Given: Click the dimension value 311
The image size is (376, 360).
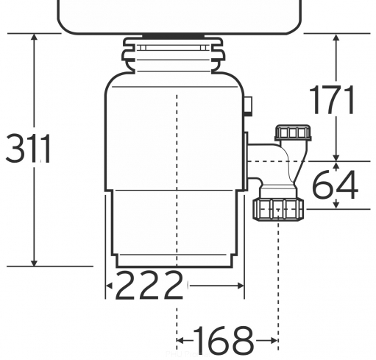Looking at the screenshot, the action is [28, 149].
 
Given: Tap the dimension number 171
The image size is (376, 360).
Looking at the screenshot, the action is [332, 100].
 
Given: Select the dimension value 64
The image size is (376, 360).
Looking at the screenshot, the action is [336, 184].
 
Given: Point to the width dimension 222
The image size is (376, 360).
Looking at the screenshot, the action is [149, 285].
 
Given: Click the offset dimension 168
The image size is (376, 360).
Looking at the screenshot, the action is [224, 340].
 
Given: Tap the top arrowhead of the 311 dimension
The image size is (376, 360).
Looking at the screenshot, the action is [35, 37].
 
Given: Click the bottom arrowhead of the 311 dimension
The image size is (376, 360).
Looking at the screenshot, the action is [35, 263].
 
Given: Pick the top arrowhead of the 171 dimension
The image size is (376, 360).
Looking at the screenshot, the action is [336, 37].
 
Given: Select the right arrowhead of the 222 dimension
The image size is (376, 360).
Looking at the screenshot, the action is [241, 286].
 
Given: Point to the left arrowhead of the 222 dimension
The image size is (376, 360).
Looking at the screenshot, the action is [109, 286].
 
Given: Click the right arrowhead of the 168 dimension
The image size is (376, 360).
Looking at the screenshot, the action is [274, 340].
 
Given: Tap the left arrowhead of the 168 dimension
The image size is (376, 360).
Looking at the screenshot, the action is [180, 340].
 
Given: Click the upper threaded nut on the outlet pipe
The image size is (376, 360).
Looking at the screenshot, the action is [293, 133].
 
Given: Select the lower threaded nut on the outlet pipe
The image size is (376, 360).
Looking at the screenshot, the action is [278, 210].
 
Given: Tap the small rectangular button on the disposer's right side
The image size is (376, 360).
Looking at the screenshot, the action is [248, 106].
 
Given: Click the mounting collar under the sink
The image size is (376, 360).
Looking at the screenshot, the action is [174, 54].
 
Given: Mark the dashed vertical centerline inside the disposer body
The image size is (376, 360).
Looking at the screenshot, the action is [177, 180].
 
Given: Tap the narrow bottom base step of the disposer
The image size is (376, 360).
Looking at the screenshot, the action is [174, 261].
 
